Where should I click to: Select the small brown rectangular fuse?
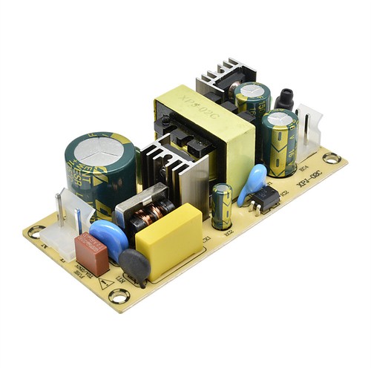(x=91, y=252)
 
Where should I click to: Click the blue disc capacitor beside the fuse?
(x=109, y=237)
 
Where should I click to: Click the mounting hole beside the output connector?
(x=331, y=158)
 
